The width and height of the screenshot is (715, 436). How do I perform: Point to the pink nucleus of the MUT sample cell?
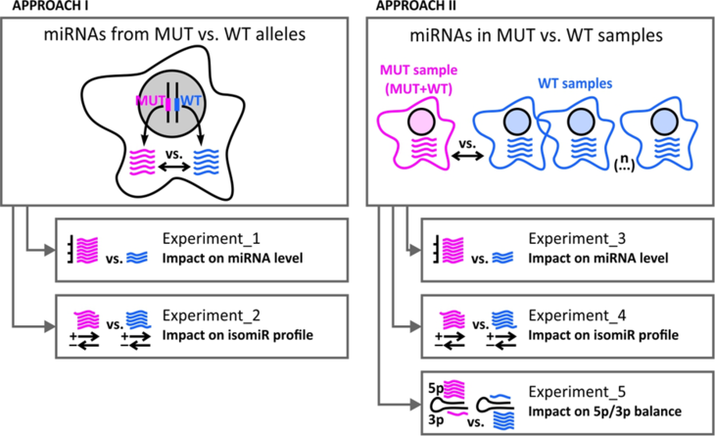(419, 124)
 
